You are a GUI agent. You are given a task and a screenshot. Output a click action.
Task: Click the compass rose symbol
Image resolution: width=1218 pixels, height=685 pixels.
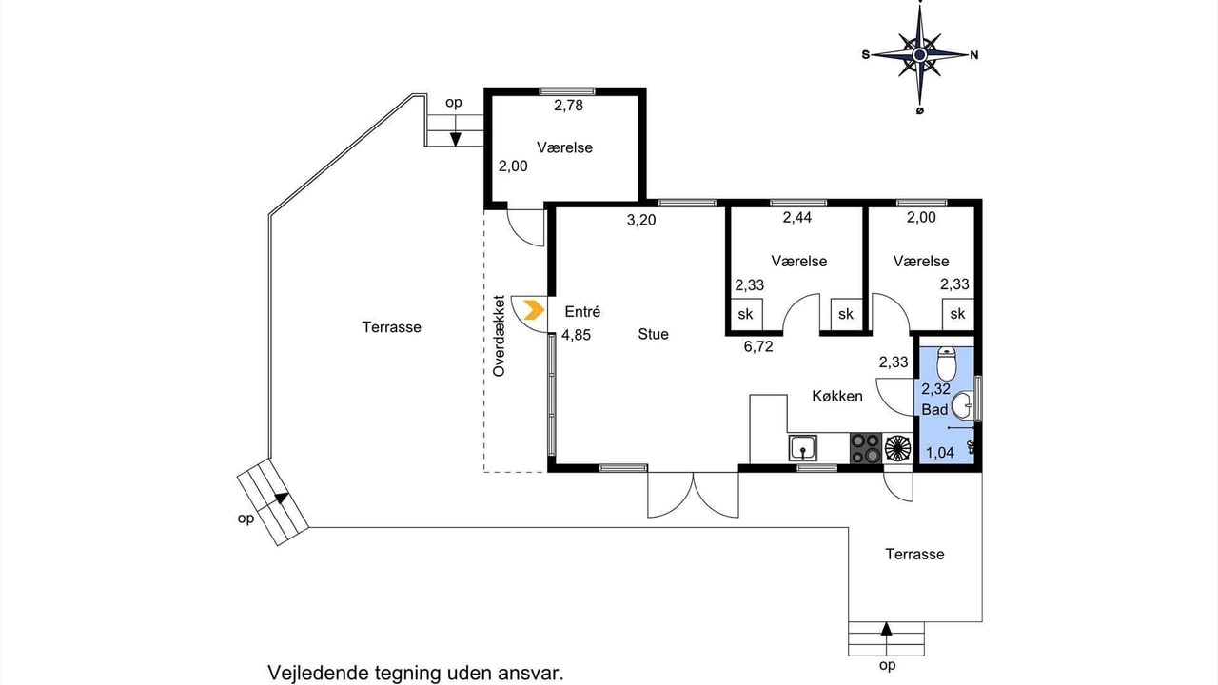(919, 55)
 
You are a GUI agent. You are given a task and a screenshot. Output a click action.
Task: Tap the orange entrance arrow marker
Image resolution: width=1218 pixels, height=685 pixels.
(534, 310)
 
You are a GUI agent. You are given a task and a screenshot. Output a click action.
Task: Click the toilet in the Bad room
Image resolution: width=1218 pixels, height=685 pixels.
(946, 363)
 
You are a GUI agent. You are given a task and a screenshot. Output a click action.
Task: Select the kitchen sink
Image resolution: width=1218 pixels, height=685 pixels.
(802, 448)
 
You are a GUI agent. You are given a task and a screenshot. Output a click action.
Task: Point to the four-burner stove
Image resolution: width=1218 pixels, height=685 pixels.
(866, 448)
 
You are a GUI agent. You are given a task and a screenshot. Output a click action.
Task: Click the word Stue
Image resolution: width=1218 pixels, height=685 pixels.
(653, 334)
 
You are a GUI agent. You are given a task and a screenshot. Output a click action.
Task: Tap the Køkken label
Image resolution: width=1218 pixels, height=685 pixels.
(837, 396)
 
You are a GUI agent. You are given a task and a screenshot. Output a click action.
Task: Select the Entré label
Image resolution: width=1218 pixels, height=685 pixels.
(582, 311)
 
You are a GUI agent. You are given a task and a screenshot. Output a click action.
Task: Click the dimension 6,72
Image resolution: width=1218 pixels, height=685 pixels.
(758, 346)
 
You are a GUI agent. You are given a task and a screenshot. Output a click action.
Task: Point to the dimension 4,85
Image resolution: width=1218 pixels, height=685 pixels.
(576, 335)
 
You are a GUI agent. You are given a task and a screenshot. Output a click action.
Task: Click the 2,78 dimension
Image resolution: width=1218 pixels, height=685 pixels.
(568, 106)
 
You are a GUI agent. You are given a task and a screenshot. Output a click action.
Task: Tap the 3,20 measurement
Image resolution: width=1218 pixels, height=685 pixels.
(641, 220)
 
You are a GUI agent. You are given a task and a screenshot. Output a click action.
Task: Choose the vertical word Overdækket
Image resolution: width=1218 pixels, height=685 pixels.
(499, 336)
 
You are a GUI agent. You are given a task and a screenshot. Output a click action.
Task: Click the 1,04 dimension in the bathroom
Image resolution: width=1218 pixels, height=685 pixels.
(939, 452)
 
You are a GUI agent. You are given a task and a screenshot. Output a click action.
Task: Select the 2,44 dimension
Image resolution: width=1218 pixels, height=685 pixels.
(797, 218)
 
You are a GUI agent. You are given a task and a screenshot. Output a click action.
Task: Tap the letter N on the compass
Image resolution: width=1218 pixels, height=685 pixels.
(974, 55)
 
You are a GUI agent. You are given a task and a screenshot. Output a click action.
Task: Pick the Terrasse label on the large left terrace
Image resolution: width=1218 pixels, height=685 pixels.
(391, 327)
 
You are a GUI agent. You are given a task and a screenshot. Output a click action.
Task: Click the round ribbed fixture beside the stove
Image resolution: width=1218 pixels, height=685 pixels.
(897, 448)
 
